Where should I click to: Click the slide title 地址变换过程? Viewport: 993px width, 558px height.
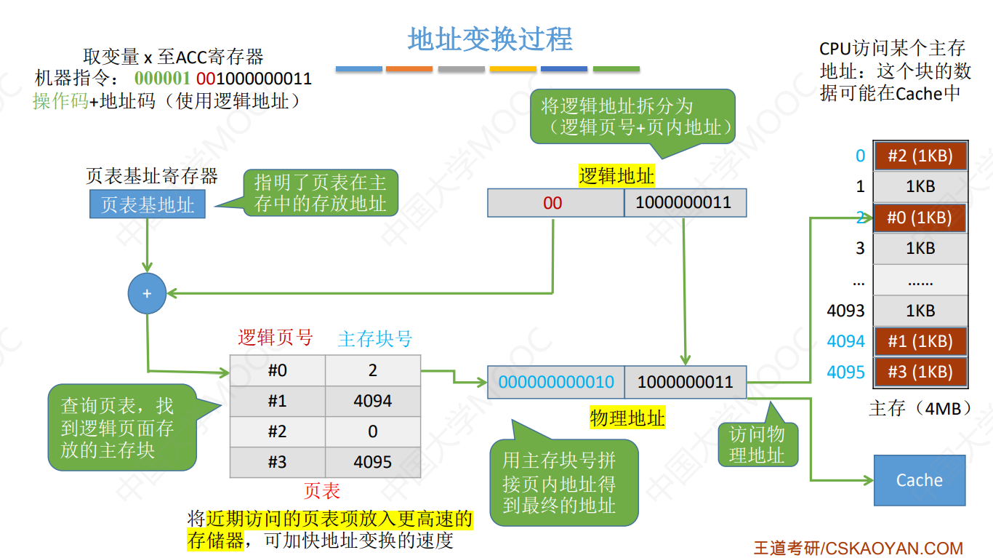coord(490,39)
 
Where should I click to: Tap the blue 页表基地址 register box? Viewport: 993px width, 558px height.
coord(147,204)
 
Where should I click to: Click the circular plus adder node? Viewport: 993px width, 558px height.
coord(147,293)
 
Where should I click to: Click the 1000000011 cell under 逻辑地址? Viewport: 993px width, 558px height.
coord(684,203)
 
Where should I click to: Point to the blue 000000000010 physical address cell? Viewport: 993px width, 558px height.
coord(556,382)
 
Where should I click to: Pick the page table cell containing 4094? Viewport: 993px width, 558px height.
coord(372,401)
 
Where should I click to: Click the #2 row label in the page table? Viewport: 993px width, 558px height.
coord(278,431)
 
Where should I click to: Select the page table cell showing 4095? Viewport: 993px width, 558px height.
coord(372,462)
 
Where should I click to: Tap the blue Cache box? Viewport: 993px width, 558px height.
coord(919,480)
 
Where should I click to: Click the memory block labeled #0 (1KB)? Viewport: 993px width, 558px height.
coord(920,218)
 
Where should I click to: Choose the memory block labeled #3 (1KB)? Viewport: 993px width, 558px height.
coord(920,372)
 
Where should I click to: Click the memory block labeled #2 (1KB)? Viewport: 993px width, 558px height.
coord(920,156)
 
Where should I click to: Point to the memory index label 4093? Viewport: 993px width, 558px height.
coord(845,311)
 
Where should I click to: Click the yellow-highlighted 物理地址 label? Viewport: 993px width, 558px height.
coord(627,418)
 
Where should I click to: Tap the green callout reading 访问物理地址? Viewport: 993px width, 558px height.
coord(757,445)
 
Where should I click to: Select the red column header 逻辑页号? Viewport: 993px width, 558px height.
coord(276,338)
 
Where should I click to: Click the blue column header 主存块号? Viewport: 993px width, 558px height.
coord(375,339)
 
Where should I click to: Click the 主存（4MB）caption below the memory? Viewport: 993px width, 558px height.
coord(920,408)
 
